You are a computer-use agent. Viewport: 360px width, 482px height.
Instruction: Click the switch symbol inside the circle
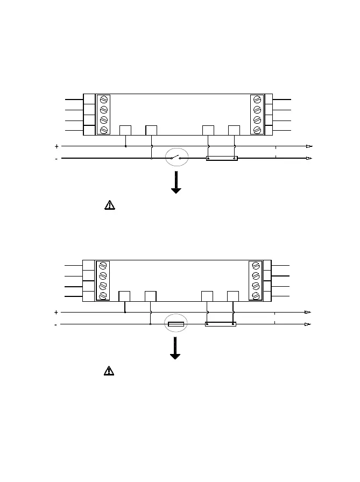click(x=175, y=158)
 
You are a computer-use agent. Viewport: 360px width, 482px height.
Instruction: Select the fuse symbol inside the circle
click(x=176, y=324)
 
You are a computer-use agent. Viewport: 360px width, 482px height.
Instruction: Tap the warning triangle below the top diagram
click(x=109, y=205)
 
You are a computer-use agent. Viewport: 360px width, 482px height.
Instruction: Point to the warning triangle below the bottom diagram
click(x=109, y=371)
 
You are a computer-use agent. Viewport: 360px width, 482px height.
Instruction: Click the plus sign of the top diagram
click(x=57, y=146)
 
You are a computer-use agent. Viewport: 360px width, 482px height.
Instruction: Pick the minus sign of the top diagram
click(x=57, y=159)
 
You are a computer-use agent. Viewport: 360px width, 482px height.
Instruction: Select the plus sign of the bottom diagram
click(x=56, y=312)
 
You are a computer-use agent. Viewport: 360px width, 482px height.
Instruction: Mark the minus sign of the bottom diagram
click(x=56, y=325)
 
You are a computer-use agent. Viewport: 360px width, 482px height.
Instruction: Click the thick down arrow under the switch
click(x=176, y=183)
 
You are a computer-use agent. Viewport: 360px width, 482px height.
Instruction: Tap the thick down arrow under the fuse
click(x=176, y=349)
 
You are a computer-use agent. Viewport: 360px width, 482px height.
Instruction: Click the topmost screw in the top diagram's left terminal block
click(x=104, y=100)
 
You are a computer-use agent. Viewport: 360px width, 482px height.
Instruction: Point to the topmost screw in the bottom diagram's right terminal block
click(x=256, y=266)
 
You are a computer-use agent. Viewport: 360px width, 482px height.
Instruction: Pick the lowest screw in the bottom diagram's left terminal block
click(x=103, y=296)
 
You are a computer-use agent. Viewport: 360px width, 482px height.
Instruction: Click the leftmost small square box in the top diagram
click(x=125, y=130)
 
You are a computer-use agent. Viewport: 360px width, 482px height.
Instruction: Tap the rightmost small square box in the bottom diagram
click(x=233, y=296)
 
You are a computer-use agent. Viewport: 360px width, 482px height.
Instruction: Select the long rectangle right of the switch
click(x=222, y=159)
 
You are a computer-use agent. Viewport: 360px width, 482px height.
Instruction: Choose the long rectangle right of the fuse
click(x=221, y=324)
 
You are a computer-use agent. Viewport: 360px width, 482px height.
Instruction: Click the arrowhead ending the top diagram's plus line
click(x=309, y=146)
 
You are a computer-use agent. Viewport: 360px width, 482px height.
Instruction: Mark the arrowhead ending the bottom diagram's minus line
click(x=308, y=324)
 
